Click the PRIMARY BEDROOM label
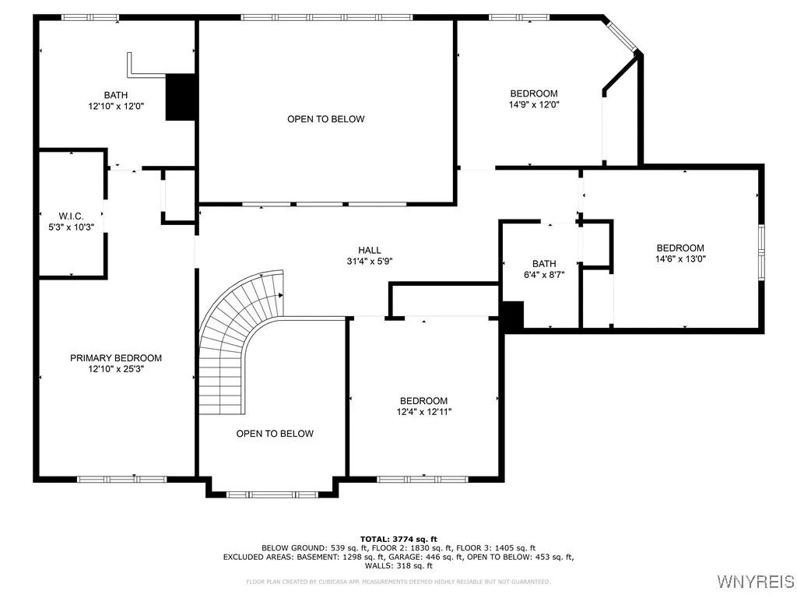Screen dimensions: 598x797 pyautogui.click(x=116, y=358)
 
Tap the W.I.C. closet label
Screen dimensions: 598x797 pyautogui.click(x=70, y=216)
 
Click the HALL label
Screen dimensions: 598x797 pyautogui.click(x=370, y=250)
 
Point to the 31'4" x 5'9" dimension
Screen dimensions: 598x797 pyautogui.click(x=370, y=262)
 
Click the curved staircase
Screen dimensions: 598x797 pyautogui.click(x=233, y=335)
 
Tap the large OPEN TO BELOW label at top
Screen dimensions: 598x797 pyautogui.click(x=325, y=119)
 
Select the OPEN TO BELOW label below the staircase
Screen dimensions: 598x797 pyautogui.click(x=275, y=434)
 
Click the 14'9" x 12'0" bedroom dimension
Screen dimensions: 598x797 pyautogui.click(x=533, y=104)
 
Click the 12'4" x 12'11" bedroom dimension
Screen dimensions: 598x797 pyautogui.click(x=424, y=412)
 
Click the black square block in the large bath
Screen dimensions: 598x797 pyautogui.click(x=180, y=97)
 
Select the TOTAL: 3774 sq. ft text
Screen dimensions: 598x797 pyautogui.click(x=398, y=539)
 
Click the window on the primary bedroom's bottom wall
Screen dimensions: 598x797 pyautogui.click(x=111, y=478)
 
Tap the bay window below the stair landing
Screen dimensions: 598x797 pyautogui.click(x=272, y=494)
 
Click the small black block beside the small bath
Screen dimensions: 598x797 pyautogui.click(x=513, y=315)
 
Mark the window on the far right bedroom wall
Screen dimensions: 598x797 pyautogui.click(x=761, y=252)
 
